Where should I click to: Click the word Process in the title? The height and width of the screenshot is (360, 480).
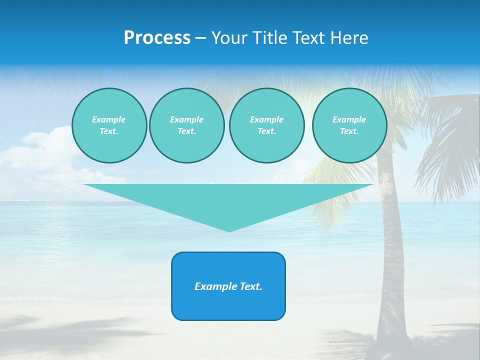(x=157, y=38)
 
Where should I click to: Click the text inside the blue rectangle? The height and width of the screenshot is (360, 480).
(x=228, y=286)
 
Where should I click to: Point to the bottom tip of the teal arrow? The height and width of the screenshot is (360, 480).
(x=229, y=231)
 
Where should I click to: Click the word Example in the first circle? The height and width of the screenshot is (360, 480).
(x=109, y=119)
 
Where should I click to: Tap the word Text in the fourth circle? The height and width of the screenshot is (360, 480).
(x=349, y=131)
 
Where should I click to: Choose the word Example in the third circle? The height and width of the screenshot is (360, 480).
(x=266, y=119)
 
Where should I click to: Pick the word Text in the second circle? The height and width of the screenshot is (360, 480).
(x=186, y=131)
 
